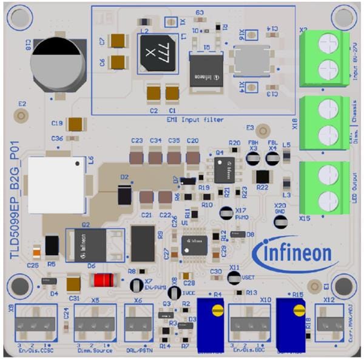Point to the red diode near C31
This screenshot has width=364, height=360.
point(101,280)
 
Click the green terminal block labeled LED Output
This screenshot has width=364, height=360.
point(328,184)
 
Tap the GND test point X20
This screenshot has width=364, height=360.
point(280,221)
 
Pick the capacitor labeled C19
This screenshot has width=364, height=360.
point(76,124)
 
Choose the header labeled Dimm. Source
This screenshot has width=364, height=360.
point(95,319)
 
